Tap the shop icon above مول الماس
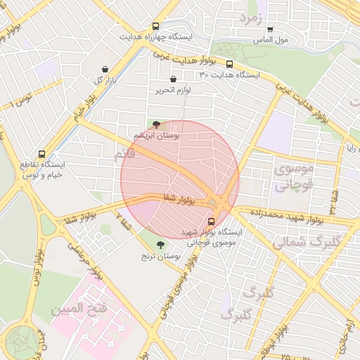tap(270, 30)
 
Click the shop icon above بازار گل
tap(105, 69)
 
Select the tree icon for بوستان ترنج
tap(161, 245)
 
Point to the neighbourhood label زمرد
tap(250, 16)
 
